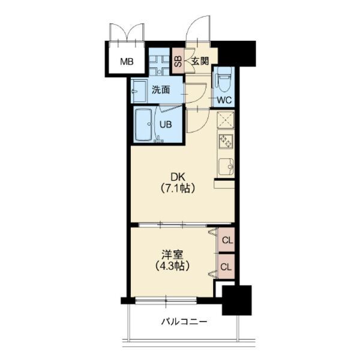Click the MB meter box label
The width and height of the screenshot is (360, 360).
tap(127, 62)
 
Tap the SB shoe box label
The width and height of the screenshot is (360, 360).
tap(178, 61)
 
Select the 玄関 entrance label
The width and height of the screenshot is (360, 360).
tap(200, 61)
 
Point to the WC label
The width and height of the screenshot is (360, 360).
tap(224, 100)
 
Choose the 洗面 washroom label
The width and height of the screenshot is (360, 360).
tap(161, 90)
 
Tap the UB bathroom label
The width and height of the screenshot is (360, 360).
tap(166, 125)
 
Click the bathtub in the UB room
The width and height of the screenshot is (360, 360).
tap(143, 125)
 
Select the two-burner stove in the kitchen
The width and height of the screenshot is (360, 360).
tap(226, 142)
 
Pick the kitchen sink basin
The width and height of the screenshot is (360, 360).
tap(226, 167)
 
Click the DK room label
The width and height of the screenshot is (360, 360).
tap(178, 178)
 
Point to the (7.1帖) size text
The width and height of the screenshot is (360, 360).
tap(178, 188)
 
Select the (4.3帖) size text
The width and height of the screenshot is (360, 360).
tap(172, 266)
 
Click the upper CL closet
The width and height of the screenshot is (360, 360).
tap(226, 239)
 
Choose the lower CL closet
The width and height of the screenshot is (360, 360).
tap(226, 266)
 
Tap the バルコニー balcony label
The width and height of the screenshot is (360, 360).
tap(184, 322)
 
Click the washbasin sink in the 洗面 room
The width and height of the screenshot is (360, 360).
tap(139, 92)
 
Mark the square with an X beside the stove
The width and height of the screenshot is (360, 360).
tap(226, 119)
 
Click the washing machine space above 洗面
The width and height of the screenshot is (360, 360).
tap(159, 62)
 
